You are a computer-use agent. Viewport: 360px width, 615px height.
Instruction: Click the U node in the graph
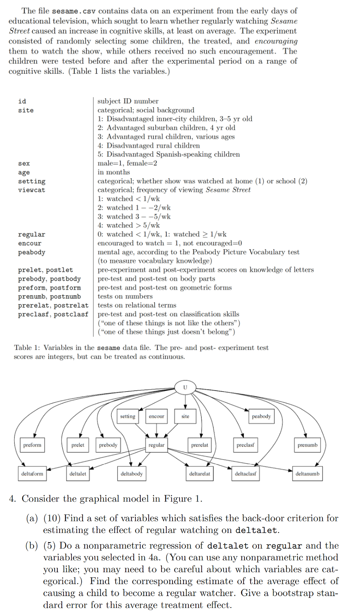pos(185,387)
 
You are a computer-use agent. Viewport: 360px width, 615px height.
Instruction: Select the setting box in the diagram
pos(127,416)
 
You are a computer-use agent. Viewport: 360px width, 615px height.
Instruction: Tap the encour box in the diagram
pos(157,416)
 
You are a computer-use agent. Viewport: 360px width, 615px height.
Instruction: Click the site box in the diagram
pos(185,416)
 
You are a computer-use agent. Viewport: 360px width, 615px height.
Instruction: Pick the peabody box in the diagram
pos(261,416)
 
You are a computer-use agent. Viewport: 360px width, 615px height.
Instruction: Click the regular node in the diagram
pos(157,445)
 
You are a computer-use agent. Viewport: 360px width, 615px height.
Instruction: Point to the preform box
pos(32,445)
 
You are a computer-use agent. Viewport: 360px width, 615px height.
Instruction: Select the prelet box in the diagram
pos(78,445)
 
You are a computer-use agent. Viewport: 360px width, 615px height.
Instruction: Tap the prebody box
pos(108,445)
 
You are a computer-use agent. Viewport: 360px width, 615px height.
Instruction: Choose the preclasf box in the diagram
pos(246,445)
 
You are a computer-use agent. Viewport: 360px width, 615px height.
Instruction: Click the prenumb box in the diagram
pos(307,445)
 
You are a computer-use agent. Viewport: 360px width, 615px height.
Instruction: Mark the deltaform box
pos(33,474)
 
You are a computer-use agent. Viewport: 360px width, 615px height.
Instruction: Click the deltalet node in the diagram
pos(78,474)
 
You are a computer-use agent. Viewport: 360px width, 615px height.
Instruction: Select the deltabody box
pos(131,474)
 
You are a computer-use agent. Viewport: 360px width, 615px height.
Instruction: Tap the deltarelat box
pos(199,474)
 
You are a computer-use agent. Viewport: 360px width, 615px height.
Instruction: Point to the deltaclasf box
pos(246,474)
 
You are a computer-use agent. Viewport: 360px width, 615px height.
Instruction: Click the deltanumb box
pos(307,474)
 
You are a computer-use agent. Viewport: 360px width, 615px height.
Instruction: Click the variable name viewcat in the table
pos(31,190)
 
